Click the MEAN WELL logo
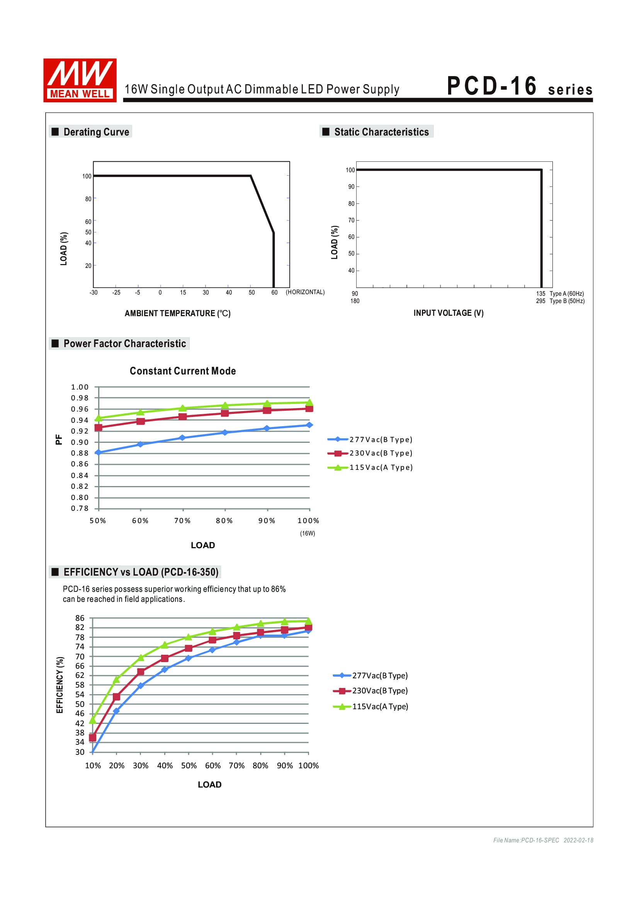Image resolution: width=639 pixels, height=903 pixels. [80, 80]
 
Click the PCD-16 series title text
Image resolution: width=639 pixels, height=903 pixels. [519, 86]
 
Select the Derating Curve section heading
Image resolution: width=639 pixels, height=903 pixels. [96, 132]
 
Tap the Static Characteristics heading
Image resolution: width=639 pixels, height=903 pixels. [381, 132]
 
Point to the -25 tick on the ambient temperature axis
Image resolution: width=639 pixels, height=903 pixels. [116, 293]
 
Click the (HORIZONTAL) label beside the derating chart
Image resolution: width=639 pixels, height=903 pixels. [305, 292]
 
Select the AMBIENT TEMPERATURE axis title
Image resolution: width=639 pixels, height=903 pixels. [177, 313]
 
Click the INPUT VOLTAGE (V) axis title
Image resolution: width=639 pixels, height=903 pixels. [448, 313]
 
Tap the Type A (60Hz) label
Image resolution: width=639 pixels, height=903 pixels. [567, 294]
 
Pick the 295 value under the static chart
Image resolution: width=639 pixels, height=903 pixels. [540, 301]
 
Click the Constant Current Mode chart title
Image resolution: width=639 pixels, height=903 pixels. [183, 371]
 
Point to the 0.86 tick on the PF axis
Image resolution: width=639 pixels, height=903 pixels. [80, 464]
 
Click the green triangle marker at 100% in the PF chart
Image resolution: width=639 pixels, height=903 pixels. [309, 402]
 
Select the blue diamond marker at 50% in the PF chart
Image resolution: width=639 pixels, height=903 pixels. [99, 453]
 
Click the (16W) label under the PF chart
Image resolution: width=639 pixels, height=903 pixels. [307, 533]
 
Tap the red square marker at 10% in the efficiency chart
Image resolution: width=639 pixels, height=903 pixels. [92, 737]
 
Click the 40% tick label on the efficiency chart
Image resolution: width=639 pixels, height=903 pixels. [165, 765]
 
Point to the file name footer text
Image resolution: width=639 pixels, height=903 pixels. [543, 840]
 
